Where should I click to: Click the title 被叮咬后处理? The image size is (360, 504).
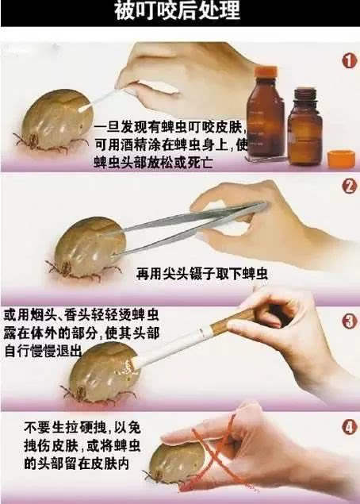point(179,13)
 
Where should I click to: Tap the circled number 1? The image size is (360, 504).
point(348,61)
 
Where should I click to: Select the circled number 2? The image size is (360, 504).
point(348,187)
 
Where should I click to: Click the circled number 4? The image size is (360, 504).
point(348,427)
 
